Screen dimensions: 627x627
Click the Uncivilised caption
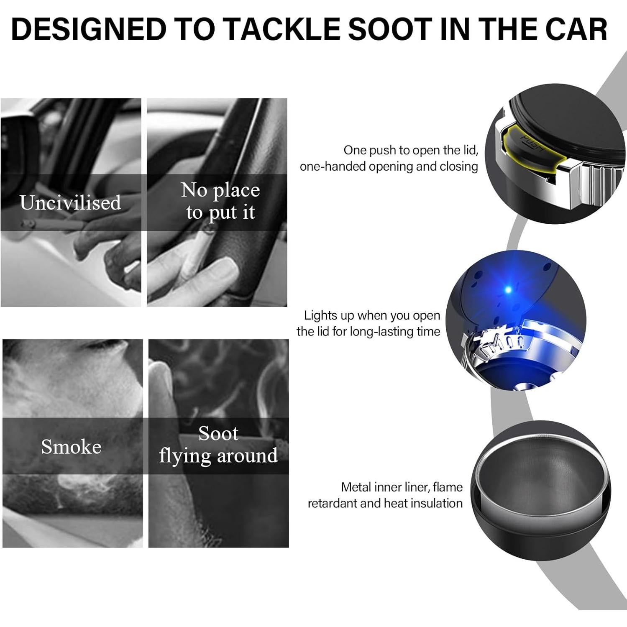point(70,203)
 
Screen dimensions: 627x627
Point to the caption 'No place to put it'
point(220,201)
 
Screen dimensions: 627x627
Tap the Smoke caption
point(71,447)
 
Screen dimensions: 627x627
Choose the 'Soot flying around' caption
point(218,445)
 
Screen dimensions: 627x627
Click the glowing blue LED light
point(509,289)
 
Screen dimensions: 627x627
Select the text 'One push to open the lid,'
point(411,150)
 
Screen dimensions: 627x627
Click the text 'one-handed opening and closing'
point(389,166)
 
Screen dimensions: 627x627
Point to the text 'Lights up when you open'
point(372,315)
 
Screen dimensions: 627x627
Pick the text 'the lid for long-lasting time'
point(368,331)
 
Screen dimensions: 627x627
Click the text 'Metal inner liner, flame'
point(402,487)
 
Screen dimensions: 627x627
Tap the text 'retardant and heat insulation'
point(385,503)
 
